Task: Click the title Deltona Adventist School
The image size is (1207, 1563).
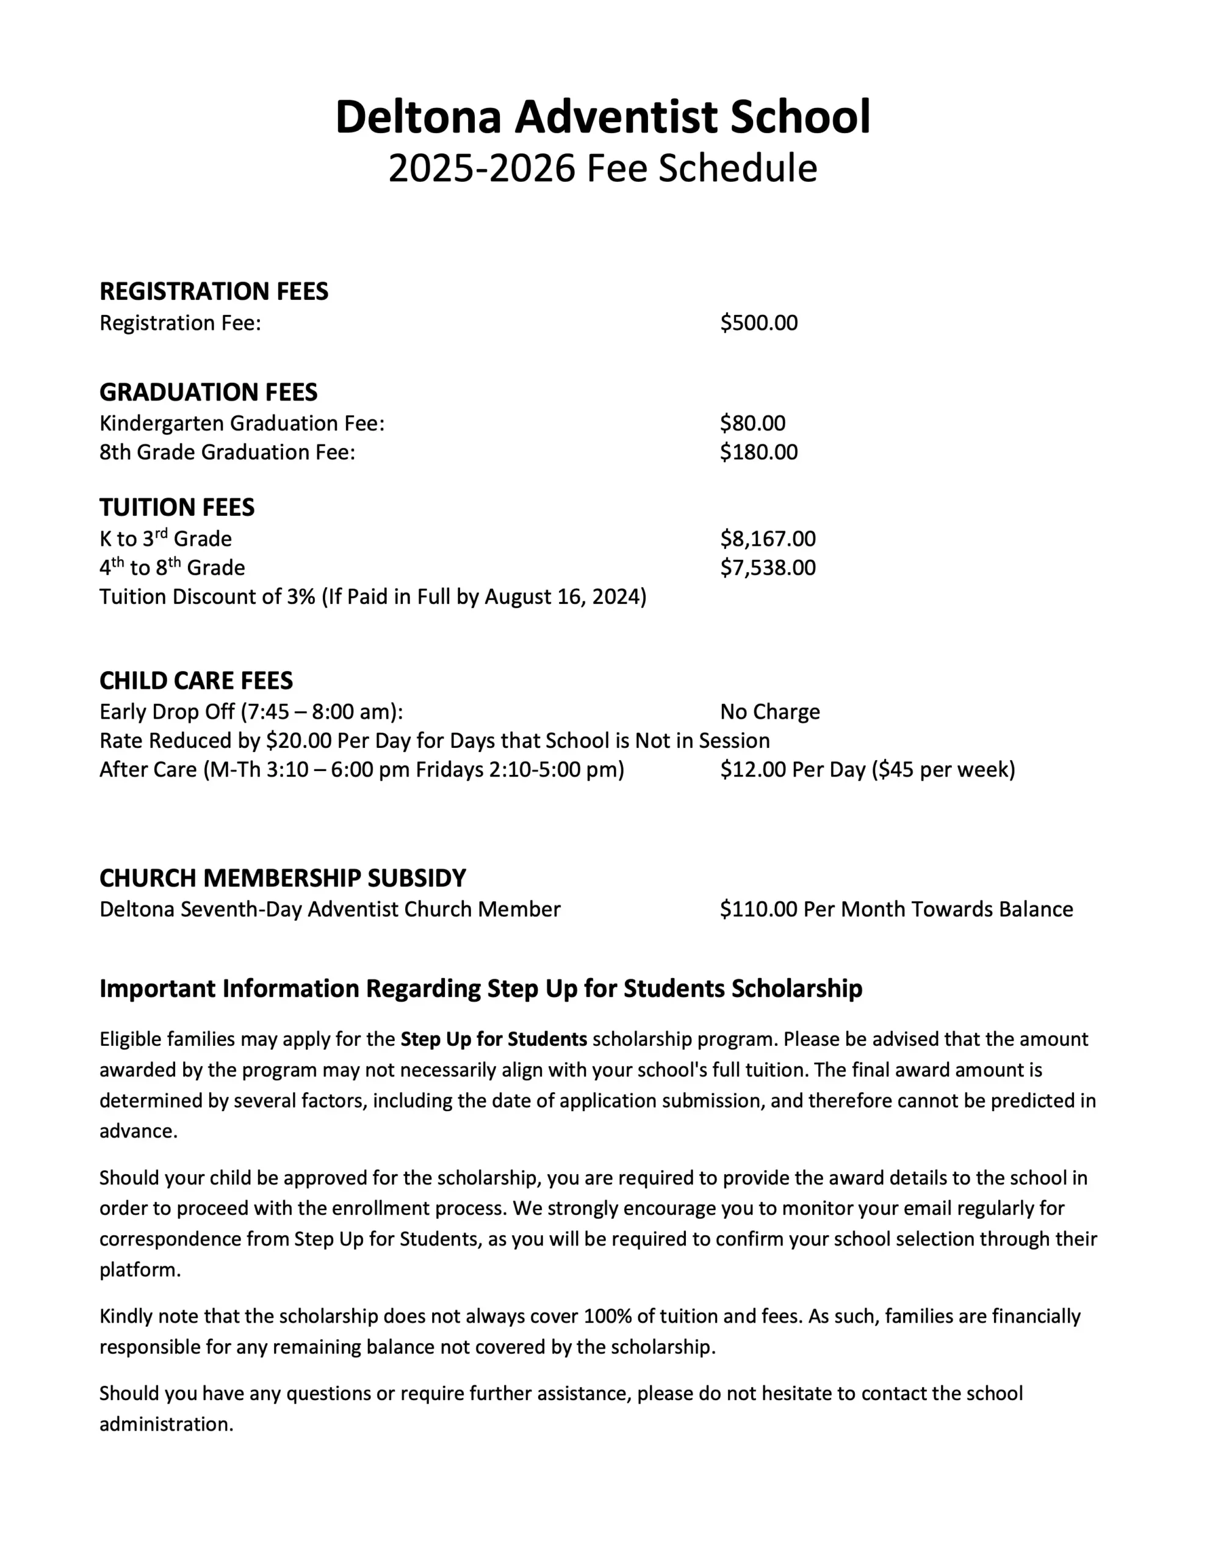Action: tap(602, 117)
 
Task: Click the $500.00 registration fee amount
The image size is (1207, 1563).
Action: tap(758, 323)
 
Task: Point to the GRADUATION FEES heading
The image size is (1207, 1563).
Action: tap(208, 392)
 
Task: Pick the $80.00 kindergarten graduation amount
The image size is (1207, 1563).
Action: tap(752, 423)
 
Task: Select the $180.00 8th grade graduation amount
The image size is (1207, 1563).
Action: tap(758, 452)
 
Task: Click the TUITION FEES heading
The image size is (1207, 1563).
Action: tap(177, 507)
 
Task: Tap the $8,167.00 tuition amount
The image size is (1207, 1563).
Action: tap(768, 539)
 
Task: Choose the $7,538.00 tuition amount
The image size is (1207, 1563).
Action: tap(768, 568)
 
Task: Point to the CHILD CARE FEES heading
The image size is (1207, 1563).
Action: tap(196, 681)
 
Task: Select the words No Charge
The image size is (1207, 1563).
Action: tap(770, 712)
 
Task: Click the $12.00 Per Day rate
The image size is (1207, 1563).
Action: tap(793, 770)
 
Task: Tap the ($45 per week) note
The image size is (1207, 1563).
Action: tap(943, 770)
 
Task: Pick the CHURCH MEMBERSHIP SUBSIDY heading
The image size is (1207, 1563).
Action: tap(283, 878)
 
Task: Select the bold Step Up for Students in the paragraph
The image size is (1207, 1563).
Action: tap(494, 1039)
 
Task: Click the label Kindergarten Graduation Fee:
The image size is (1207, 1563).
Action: tap(242, 423)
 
